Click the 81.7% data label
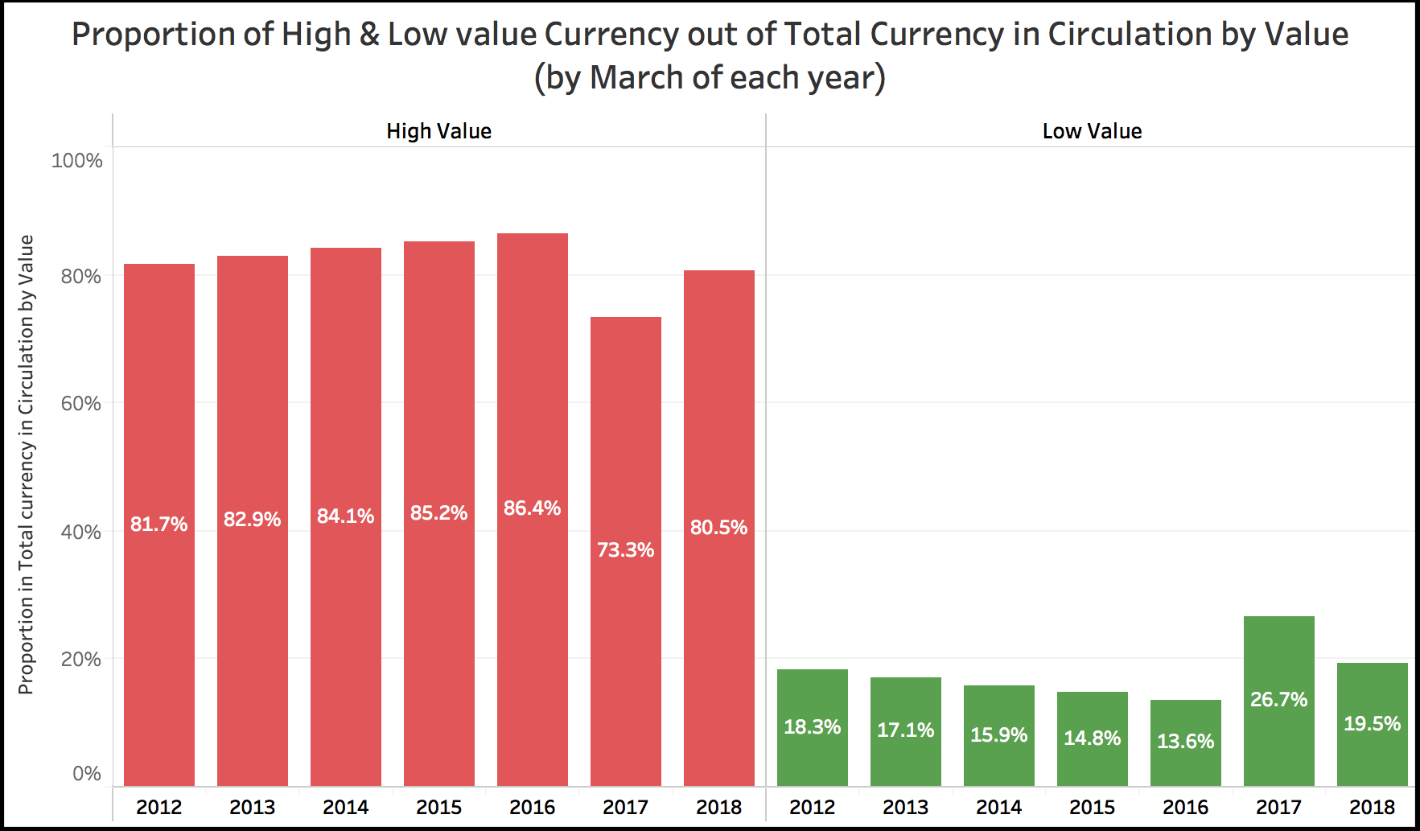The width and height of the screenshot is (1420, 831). coord(158,525)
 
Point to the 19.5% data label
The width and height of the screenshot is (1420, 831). coord(1372,723)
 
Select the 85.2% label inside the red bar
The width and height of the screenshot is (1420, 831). coord(438,513)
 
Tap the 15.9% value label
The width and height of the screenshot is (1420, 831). coord(998,734)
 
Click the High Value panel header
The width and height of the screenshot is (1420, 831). coord(438,131)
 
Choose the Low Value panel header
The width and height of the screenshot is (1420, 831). coord(1092,131)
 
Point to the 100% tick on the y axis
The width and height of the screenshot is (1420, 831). coord(77,161)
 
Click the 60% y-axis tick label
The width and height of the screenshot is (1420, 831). coord(81,403)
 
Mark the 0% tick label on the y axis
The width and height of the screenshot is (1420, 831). coord(86,773)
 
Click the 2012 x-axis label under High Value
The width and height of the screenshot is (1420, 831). coord(158,807)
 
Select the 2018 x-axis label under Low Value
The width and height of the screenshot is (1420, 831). coord(1372,807)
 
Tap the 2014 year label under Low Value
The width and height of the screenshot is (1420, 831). coord(998,807)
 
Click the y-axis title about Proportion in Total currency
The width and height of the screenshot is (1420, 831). coord(27,464)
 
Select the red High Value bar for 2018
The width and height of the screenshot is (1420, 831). coord(718,402)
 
